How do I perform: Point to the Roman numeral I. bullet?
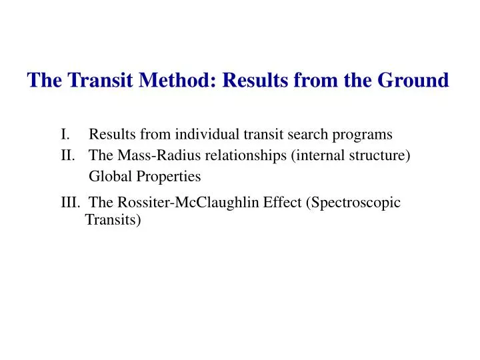(65, 135)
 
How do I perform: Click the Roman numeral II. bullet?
(67, 155)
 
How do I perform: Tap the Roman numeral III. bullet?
(70, 203)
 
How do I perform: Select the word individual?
(206, 135)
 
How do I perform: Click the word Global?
(109, 177)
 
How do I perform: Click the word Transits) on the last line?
(113, 219)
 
